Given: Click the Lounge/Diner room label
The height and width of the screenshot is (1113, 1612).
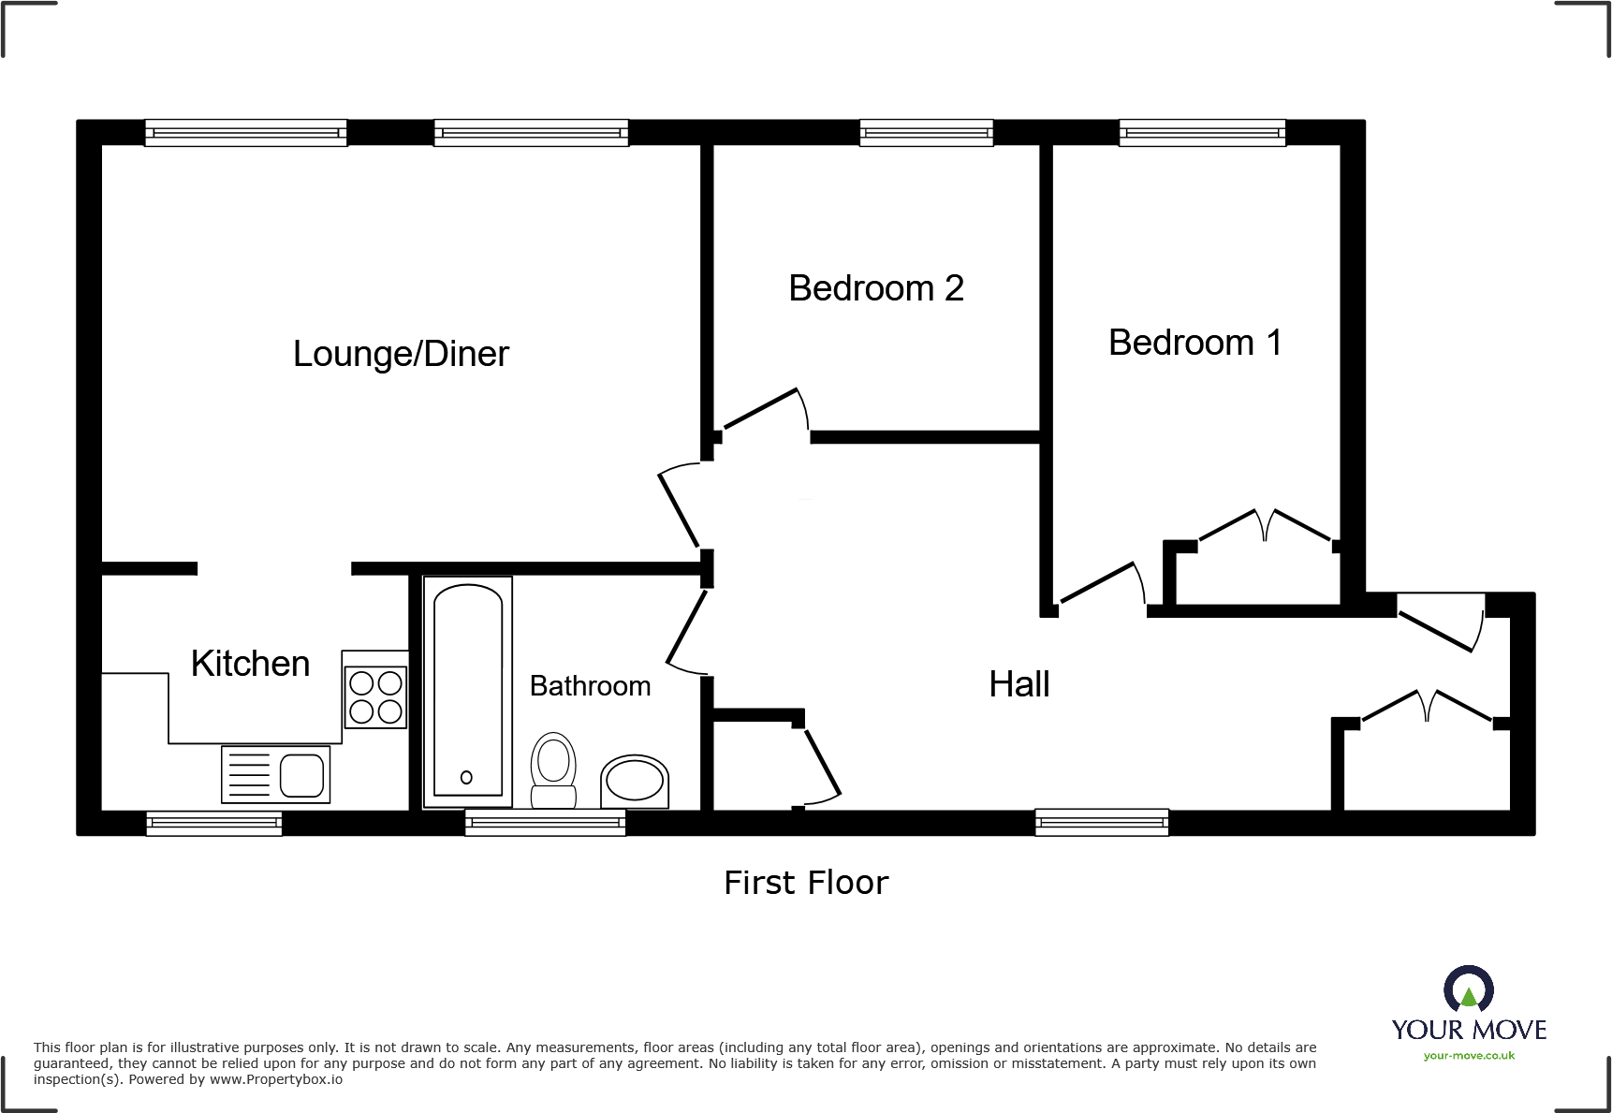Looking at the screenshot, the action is [401, 354].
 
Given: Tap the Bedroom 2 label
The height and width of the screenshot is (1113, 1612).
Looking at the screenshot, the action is [876, 288].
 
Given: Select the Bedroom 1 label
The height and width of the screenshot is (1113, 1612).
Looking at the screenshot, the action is [1194, 343].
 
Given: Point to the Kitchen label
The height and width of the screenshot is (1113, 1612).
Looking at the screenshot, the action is [250, 664].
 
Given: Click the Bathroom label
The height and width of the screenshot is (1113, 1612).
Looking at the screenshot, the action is [590, 686].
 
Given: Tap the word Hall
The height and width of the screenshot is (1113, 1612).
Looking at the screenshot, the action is [1019, 684].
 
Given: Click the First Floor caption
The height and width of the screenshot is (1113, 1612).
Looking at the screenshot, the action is [806, 883].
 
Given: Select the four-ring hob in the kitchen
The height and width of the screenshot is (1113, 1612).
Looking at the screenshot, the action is [376, 696].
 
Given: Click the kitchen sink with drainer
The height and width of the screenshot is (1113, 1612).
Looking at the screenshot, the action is [275, 774].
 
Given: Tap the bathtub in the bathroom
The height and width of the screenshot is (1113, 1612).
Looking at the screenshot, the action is [468, 692].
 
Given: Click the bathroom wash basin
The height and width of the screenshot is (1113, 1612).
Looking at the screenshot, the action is [635, 782].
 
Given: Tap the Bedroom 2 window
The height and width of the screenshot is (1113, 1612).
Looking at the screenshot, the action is [927, 133].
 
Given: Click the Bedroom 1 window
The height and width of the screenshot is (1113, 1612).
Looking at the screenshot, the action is [1202, 133].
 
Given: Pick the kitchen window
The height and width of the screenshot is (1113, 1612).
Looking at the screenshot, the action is [214, 823].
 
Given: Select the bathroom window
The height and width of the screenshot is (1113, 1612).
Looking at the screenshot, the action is [546, 823].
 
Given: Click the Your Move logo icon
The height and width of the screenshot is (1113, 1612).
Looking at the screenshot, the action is [1469, 989].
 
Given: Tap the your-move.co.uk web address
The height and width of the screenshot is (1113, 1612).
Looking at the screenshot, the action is [1469, 1056].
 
